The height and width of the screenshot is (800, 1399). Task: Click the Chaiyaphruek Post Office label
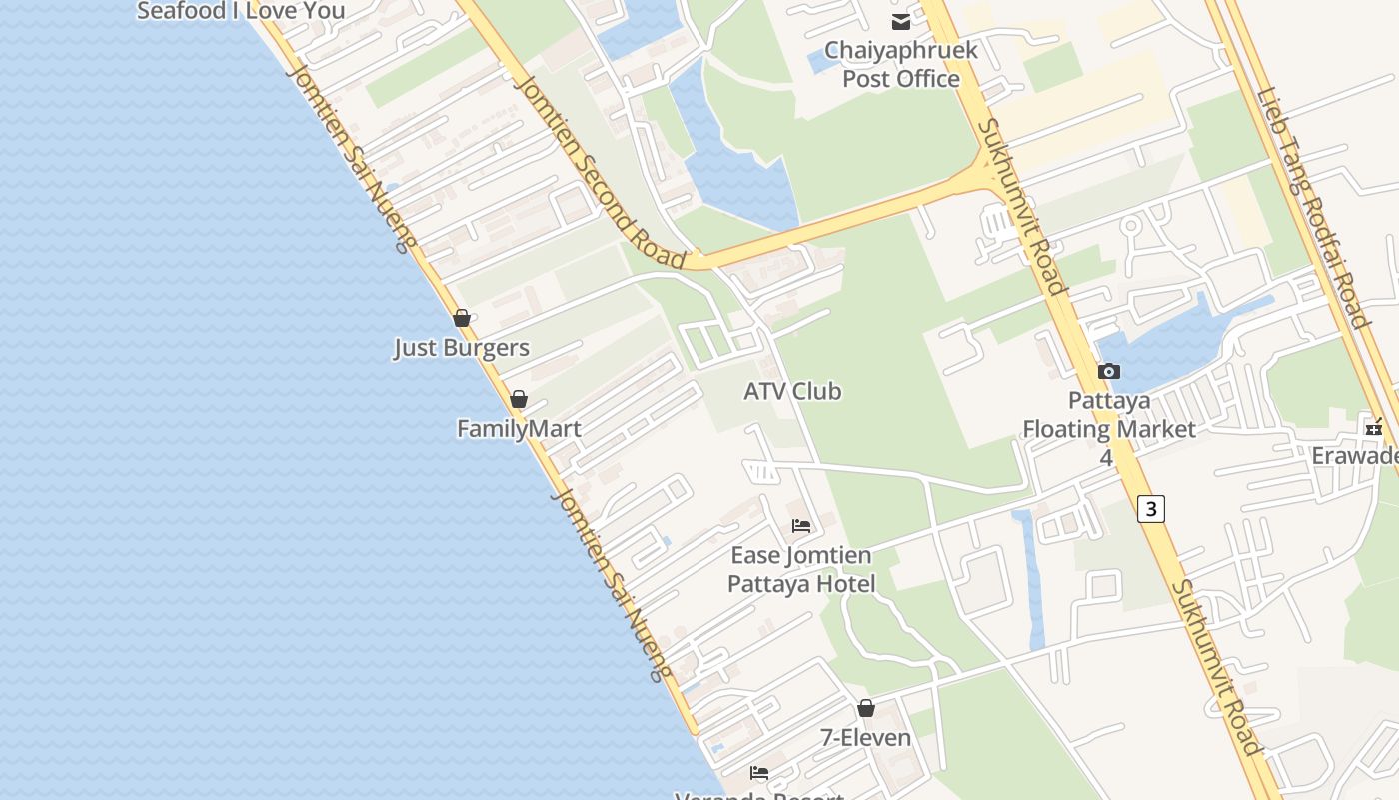pos(901,64)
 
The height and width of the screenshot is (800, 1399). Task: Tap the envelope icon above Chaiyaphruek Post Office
pos(901,21)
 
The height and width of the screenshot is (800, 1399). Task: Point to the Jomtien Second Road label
pos(599,169)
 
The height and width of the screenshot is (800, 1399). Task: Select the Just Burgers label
pos(462,348)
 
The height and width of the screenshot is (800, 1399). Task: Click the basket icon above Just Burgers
pos(462,318)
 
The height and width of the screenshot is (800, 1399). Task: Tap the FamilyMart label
pos(519,429)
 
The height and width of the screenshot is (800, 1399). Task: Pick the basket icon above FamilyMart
pos(519,399)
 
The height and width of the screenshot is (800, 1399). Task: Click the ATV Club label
pos(792,391)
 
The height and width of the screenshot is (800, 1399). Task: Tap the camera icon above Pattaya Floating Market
pos(1108,372)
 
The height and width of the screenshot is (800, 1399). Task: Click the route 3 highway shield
pos(1151,509)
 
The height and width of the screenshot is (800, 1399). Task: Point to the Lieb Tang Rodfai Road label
pos(1313,208)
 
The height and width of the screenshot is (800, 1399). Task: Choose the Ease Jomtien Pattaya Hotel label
pos(801,569)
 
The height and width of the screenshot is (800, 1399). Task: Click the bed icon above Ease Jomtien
pos(801,526)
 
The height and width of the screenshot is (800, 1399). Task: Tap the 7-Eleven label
pos(866,738)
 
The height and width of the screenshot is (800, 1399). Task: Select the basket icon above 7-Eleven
pos(866,708)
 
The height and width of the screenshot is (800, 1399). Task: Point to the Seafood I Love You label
pos(241,11)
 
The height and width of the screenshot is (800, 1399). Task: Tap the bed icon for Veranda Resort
pos(759,773)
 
